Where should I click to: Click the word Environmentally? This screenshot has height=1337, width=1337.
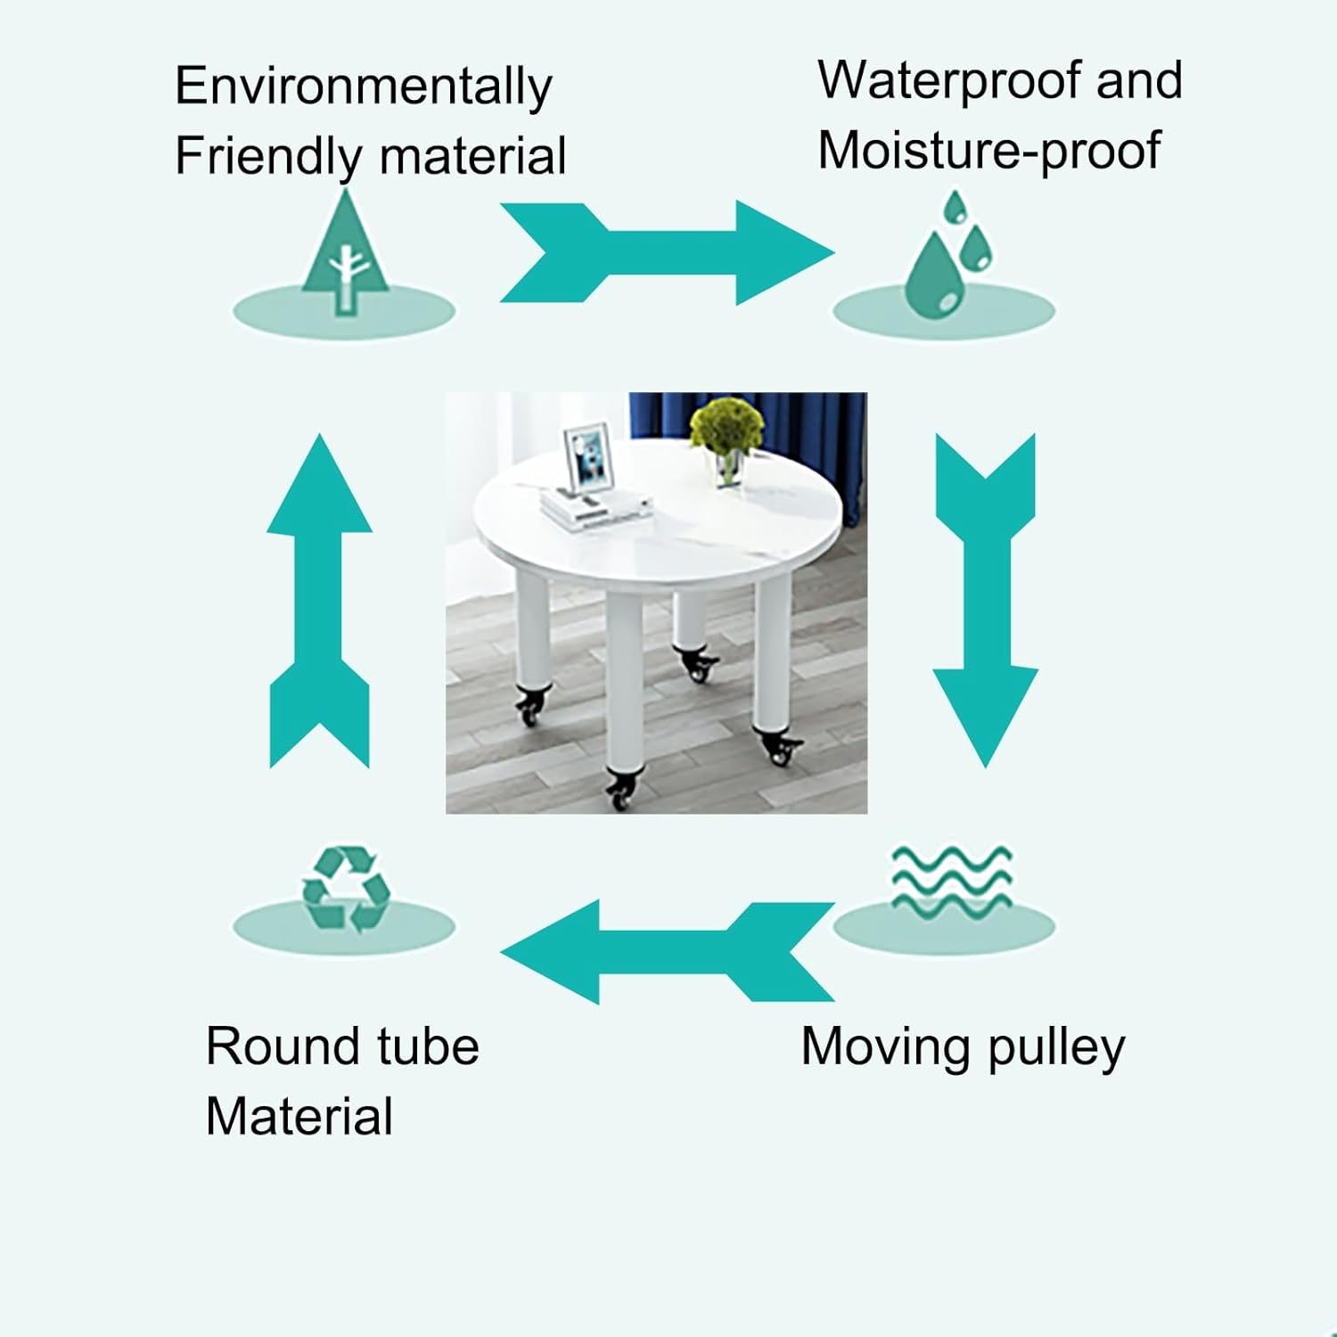click(363, 88)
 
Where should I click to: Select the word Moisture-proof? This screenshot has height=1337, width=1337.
click(989, 150)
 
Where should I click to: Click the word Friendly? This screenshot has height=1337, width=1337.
click(267, 157)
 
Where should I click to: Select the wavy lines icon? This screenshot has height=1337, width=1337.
click(951, 879)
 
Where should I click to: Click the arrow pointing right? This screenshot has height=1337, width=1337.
click(666, 253)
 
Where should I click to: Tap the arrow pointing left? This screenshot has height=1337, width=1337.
click(667, 952)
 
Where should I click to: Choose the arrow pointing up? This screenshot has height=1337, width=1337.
click(319, 601)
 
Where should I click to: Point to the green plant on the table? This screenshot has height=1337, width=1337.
click(726, 426)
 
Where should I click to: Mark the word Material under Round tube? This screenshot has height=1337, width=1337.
click(299, 1117)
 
